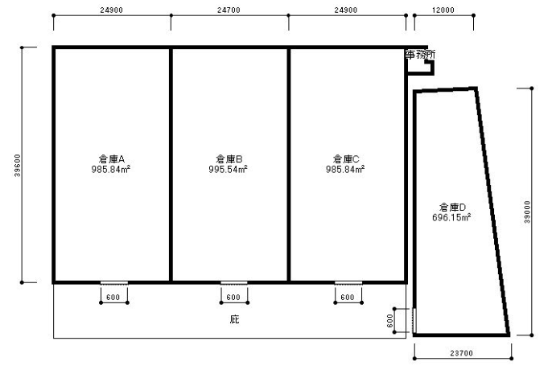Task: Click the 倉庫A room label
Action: click(x=112, y=159)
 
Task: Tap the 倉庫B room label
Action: click(x=229, y=159)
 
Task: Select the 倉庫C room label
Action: click(x=346, y=159)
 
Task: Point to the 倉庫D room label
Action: click(x=452, y=207)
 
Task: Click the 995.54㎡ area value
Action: click(x=229, y=170)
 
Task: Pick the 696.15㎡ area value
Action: click(x=451, y=217)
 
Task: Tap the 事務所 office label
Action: click(x=420, y=55)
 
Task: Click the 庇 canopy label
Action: click(x=234, y=319)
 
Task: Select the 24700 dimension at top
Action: click(x=229, y=10)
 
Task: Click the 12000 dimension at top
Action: click(x=443, y=10)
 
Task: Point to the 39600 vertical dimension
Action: click(x=18, y=166)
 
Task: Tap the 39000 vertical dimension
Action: click(x=527, y=212)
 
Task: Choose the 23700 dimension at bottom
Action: click(x=462, y=353)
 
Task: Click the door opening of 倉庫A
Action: click(x=114, y=283)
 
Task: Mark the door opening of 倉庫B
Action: click(x=234, y=283)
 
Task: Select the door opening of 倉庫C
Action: click(x=348, y=283)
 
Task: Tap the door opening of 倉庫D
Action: click(x=414, y=320)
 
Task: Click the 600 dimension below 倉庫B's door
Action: click(x=233, y=298)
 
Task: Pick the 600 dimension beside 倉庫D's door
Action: click(x=390, y=320)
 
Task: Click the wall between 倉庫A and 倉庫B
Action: click(x=171, y=165)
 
